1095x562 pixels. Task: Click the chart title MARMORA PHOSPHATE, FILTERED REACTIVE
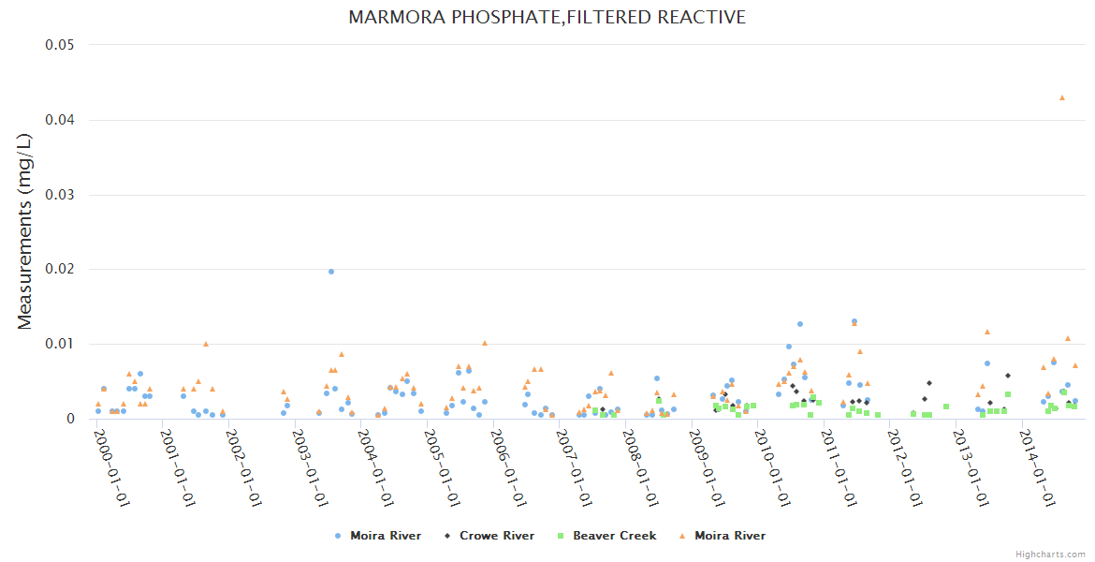pyautogui.click(x=547, y=18)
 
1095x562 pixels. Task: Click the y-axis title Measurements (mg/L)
pyautogui.click(x=25, y=231)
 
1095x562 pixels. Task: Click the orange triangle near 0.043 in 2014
pyautogui.click(x=1061, y=97)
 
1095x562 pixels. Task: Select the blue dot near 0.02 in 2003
pyautogui.click(x=331, y=272)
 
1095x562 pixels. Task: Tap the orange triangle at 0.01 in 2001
pyautogui.click(x=206, y=344)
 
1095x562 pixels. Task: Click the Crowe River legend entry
pyautogui.click(x=496, y=536)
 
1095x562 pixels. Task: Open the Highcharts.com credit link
pyautogui.click(x=1050, y=554)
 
